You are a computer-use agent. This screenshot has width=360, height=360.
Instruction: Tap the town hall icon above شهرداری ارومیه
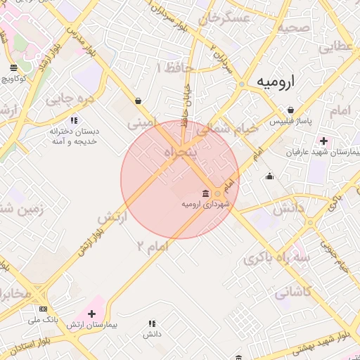(x=205, y=193)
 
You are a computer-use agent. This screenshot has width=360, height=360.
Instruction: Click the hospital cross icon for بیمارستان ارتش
(x=91, y=313)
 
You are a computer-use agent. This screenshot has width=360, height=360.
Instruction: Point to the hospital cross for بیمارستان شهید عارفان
(x=323, y=141)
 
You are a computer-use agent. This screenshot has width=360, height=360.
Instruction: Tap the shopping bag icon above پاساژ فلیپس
(x=290, y=110)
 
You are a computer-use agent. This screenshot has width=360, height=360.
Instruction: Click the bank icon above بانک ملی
(x=44, y=309)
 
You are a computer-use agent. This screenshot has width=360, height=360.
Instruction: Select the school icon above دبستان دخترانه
(x=75, y=121)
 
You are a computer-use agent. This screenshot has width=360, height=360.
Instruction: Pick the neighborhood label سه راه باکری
(x=277, y=257)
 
